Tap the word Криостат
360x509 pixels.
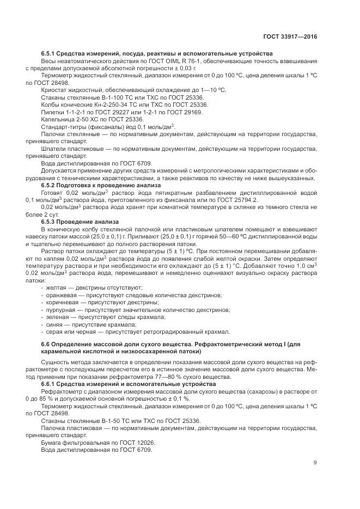point(55,89)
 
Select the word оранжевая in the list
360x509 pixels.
point(60,295)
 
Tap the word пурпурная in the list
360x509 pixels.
point(60,310)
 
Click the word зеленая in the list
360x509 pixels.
point(57,317)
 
